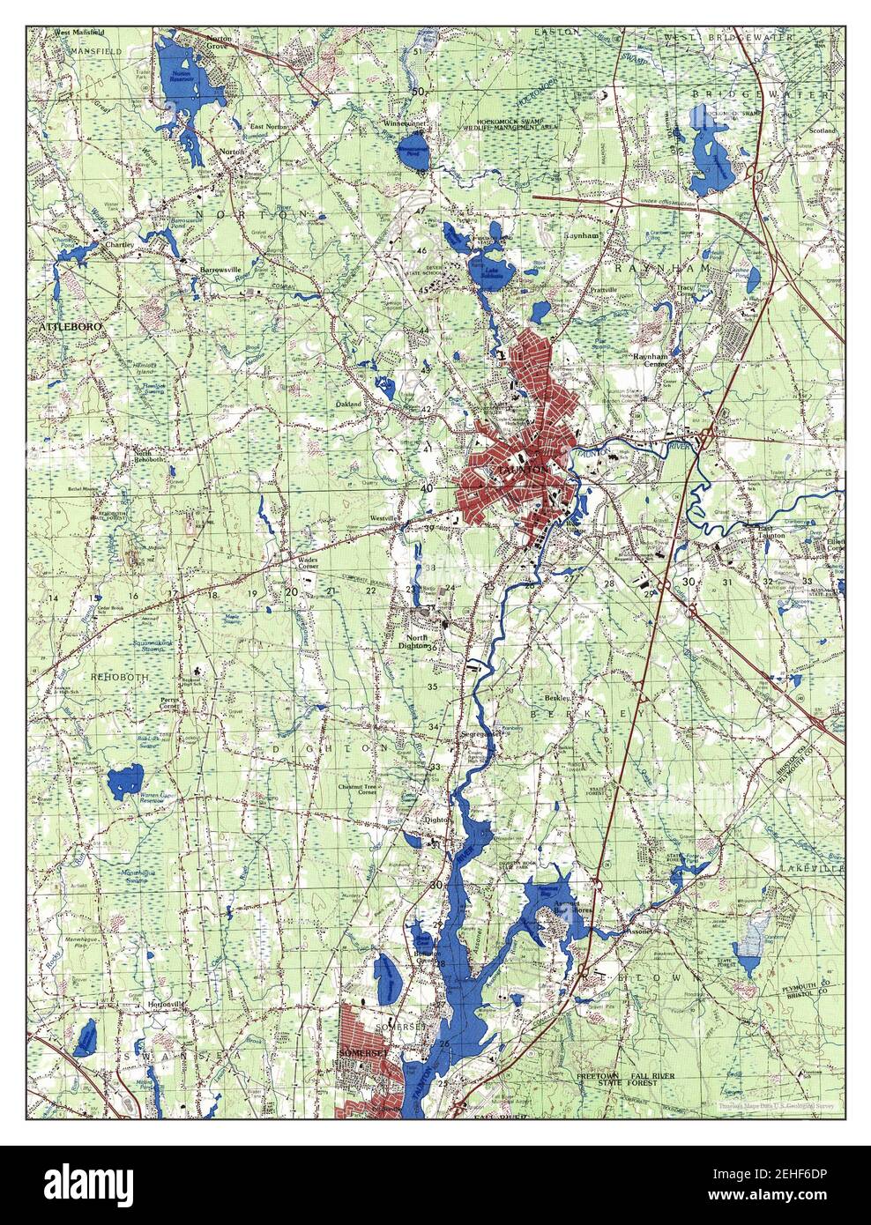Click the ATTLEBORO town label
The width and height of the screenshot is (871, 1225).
pyautogui.click(x=71, y=327)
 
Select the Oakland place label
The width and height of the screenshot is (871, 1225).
pyautogui.click(x=350, y=405)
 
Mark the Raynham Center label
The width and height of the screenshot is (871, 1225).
pyautogui.click(x=653, y=360)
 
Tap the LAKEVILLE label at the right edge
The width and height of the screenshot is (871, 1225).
pyautogui.click(x=811, y=868)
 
